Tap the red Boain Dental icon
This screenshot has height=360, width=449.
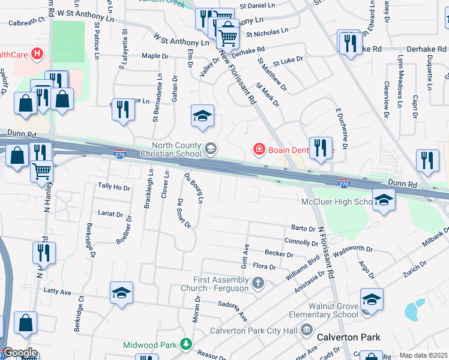click(259, 148)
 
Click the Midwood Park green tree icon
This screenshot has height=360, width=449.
click(186, 344)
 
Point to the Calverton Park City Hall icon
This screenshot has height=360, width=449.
click(307, 329)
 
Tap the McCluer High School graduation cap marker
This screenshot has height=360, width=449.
click(384, 200)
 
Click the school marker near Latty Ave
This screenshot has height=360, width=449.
click(121, 294)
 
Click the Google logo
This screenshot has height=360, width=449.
click(20, 353)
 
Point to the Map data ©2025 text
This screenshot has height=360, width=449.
click(423, 355)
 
